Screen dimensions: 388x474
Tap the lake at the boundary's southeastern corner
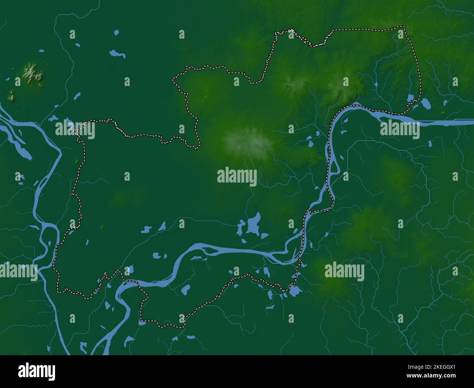294,290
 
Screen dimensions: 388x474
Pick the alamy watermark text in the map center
237,177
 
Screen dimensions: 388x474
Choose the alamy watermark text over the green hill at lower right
344,271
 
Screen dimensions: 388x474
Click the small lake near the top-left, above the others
116,32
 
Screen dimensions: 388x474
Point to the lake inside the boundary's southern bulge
186,290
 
